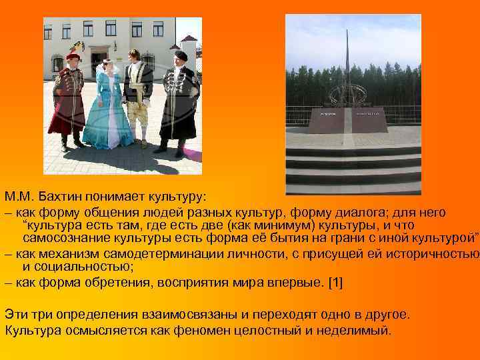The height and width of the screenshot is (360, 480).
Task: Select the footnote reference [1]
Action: pyautogui.click(x=336, y=282)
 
